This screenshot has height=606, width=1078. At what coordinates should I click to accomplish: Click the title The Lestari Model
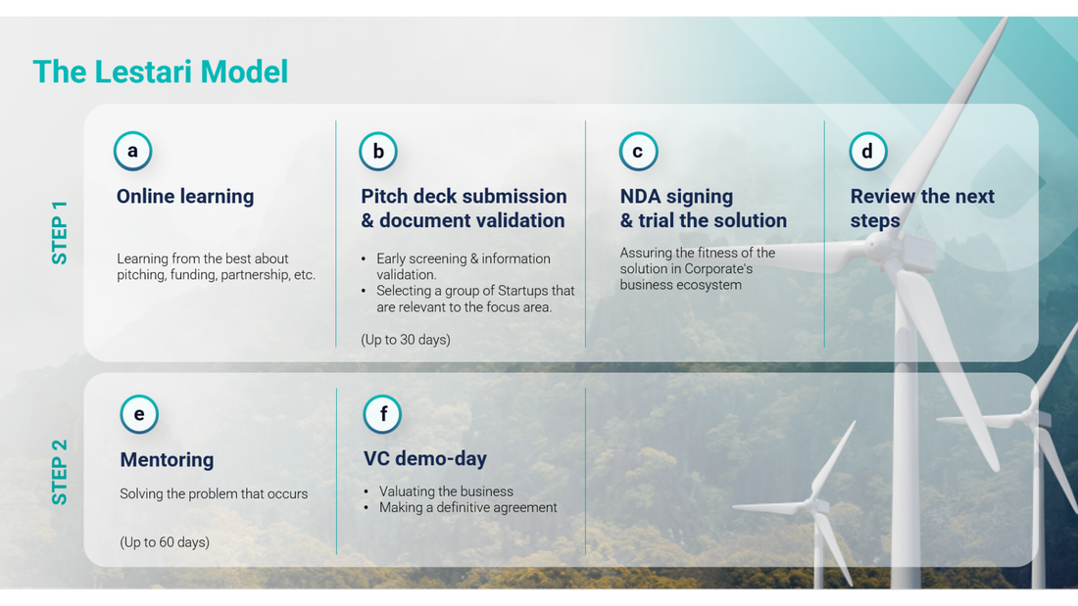click(x=161, y=71)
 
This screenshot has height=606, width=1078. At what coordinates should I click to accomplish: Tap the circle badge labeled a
click(x=132, y=151)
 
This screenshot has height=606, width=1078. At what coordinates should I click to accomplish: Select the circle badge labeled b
click(x=378, y=151)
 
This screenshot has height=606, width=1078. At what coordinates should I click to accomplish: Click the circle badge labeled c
click(x=638, y=151)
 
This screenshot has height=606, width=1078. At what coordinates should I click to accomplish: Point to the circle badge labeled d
click(x=867, y=151)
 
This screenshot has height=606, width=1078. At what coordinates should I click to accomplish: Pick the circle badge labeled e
click(x=139, y=414)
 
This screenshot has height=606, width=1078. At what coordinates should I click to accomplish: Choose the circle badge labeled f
click(x=382, y=414)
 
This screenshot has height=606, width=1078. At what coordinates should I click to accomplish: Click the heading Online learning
click(x=185, y=197)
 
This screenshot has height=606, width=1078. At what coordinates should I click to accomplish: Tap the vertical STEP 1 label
click(x=60, y=233)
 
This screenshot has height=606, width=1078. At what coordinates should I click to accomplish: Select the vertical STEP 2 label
click(x=60, y=472)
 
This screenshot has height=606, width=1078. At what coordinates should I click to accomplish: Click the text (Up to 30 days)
click(x=406, y=340)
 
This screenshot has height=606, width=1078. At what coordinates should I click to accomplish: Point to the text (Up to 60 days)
click(x=165, y=542)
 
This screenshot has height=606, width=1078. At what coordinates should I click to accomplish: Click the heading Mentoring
click(x=167, y=460)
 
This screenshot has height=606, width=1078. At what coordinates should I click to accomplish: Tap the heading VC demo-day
click(x=425, y=458)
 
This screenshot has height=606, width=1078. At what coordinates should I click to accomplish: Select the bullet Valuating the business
click(x=446, y=491)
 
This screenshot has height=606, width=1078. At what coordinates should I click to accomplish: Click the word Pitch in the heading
click(x=383, y=197)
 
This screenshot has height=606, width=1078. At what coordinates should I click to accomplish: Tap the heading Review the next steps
click(x=922, y=209)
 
